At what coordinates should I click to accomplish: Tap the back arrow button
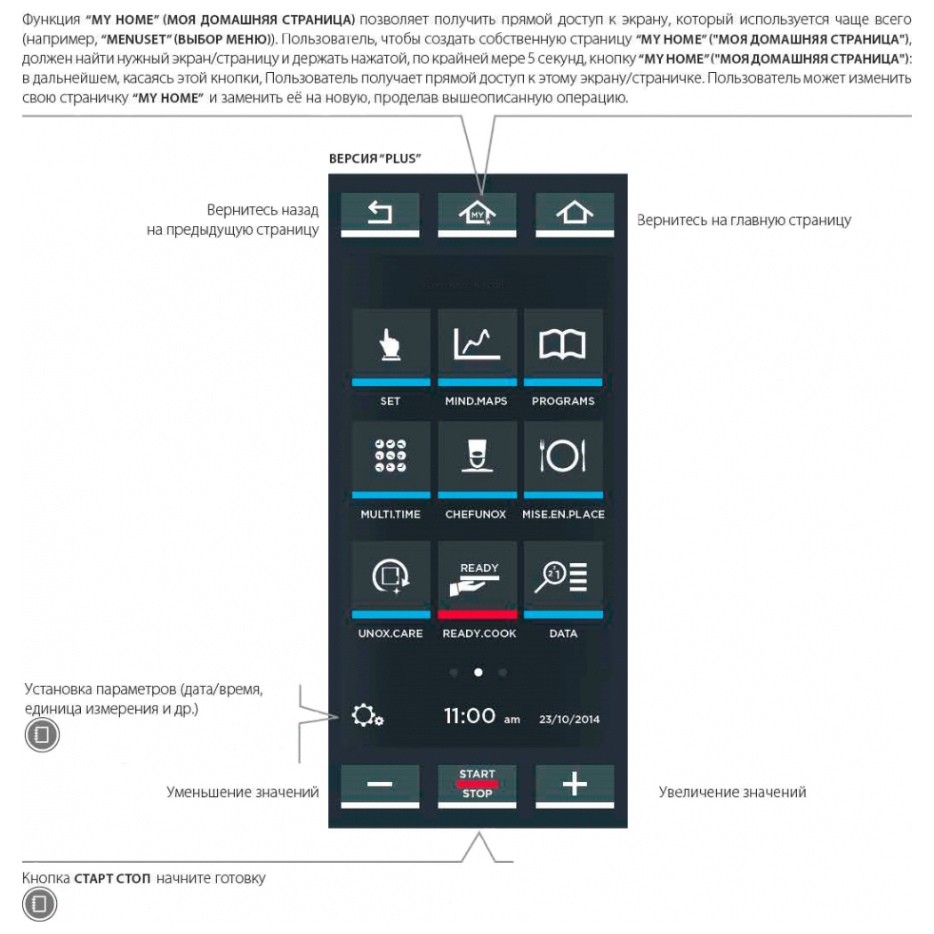tap(379, 212)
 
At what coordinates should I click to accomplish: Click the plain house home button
tap(574, 212)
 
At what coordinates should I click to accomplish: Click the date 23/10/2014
tap(568, 719)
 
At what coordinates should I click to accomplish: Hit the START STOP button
tap(477, 784)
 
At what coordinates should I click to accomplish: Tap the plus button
tap(574, 784)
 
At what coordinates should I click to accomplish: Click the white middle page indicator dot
tap(478, 672)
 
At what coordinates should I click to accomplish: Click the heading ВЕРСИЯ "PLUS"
tap(374, 158)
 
